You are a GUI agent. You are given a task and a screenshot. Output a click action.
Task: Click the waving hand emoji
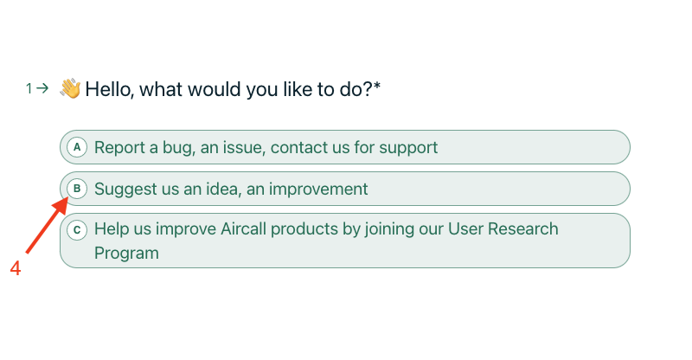coord(70,88)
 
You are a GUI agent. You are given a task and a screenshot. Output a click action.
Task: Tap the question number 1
coord(29,89)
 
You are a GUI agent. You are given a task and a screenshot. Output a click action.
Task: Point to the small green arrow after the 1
coord(42,88)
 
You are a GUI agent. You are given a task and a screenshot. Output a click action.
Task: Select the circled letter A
coord(77,147)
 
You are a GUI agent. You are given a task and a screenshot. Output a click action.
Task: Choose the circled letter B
coord(77,189)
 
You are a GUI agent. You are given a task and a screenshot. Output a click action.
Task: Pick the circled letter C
coord(77,230)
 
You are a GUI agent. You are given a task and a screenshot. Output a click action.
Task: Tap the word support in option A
coord(408,148)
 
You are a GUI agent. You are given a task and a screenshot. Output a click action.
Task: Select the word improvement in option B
coord(318,190)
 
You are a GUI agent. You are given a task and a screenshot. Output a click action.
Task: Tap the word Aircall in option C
coord(243,228)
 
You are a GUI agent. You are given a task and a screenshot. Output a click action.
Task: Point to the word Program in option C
coord(126,254)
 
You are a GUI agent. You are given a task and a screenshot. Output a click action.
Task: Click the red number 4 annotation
coord(16,268)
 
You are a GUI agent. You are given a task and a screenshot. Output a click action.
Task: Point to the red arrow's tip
coord(68,198)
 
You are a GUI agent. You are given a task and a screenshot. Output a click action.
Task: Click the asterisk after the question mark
coord(377,86)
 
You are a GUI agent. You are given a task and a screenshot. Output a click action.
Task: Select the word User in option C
coord(466,228)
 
